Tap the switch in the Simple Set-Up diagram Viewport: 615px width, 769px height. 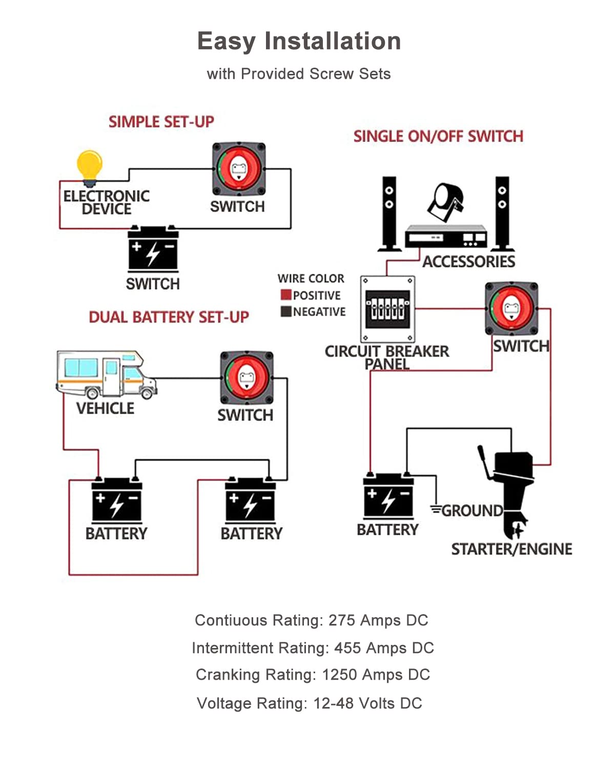[x=239, y=169]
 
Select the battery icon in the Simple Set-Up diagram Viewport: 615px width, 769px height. [x=153, y=250]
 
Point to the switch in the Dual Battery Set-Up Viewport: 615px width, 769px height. [x=247, y=378]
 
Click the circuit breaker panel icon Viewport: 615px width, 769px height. [x=387, y=309]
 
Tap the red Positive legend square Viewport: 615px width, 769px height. [x=286, y=295]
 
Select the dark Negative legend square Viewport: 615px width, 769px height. [x=286, y=311]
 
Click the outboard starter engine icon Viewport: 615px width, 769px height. [x=510, y=490]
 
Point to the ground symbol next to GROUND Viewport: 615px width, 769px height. [x=436, y=510]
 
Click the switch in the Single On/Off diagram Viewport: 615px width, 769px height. [x=511, y=308]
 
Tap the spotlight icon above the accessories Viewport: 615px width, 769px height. [x=446, y=201]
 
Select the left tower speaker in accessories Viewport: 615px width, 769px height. [x=389, y=214]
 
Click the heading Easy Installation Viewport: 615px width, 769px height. [x=299, y=41]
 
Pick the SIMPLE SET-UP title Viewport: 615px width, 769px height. [x=161, y=122]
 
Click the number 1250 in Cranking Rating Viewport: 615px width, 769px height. [x=339, y=675]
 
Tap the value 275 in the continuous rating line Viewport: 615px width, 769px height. [x=342, y=620]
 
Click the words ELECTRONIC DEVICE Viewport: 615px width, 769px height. [x=106, y=203]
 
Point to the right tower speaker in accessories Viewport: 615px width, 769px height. [x=502, y=214]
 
